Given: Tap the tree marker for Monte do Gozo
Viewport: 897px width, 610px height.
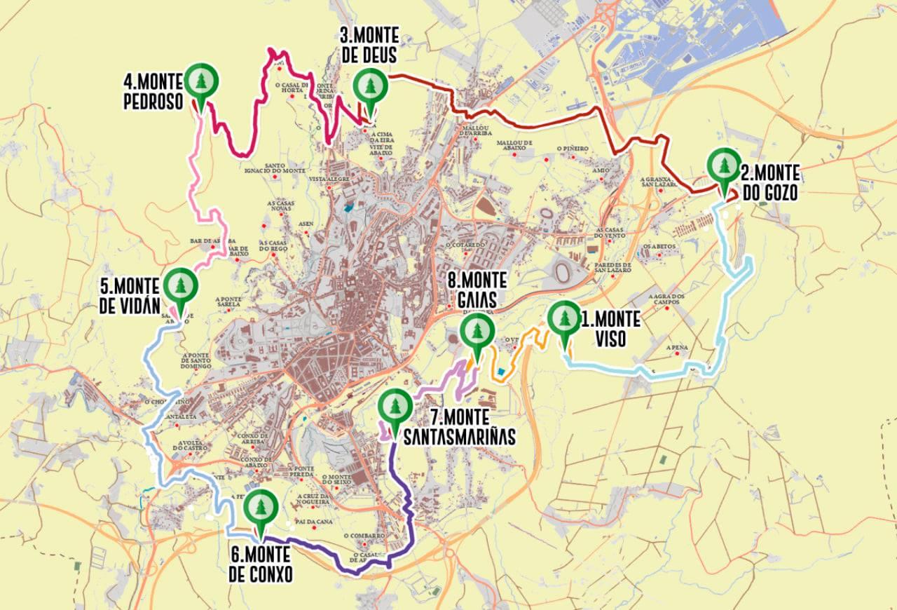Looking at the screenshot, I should point(723,166).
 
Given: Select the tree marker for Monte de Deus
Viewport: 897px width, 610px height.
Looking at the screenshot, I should point(369,88).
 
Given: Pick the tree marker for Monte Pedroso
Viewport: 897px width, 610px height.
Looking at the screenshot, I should point(202,82).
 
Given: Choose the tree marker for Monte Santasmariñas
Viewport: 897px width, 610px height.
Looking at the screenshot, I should point(394,408).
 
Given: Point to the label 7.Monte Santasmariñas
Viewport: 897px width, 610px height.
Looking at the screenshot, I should point(459,427).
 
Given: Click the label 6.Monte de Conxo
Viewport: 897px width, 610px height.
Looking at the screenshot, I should point(260,565).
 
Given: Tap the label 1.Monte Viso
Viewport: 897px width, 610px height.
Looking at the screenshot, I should point(610,329).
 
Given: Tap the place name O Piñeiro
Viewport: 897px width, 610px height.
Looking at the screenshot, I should point(571,149).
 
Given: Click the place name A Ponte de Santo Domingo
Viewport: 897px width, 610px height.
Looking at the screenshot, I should point(186,360).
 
